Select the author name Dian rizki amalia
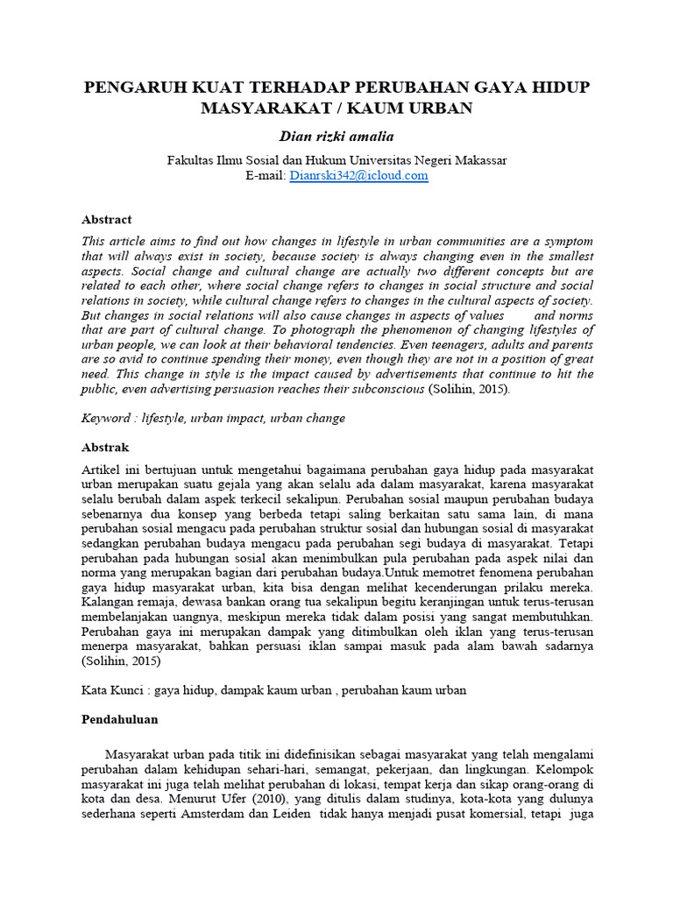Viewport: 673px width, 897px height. click(336, 137)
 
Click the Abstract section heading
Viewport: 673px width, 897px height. click(106, 220)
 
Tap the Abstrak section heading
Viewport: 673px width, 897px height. click(105, 446)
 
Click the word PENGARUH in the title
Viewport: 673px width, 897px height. click(124, 88)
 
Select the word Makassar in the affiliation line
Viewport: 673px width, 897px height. click(477, 160)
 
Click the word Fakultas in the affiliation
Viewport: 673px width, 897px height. click(191, 160)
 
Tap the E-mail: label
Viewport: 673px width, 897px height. click(266, 175)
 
